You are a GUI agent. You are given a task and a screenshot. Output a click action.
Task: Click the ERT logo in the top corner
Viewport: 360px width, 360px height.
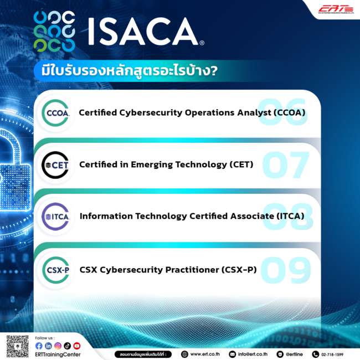pos(335,8)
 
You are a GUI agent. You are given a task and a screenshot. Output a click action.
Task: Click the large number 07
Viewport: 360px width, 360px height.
pos(285,164)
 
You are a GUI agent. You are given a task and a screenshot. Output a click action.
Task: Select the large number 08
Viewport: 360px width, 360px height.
pos(285,216)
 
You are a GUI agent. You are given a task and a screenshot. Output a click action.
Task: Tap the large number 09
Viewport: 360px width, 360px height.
pos(285,270)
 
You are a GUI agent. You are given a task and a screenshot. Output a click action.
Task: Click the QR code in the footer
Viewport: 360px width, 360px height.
pos(17,346)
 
